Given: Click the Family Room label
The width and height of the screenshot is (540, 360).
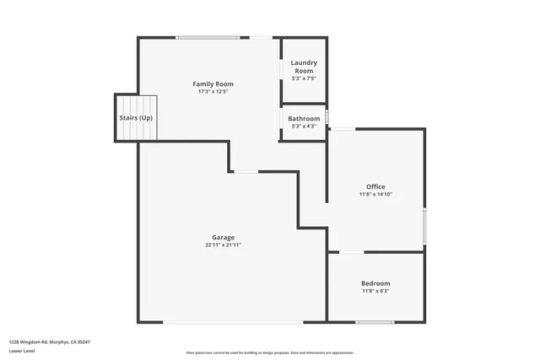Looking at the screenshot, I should tap(213, 84).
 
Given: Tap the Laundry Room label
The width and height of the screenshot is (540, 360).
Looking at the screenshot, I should tap(304, 67).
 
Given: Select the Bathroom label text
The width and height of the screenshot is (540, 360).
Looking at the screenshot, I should tap(304, 119).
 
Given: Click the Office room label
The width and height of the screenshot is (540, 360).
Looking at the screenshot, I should tap(375, 186).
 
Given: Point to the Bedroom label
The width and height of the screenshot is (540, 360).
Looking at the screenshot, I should tap(375, 283).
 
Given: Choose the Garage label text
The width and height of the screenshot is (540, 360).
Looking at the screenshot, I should tap(223, 237).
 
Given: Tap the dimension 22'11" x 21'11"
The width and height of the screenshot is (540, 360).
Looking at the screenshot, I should tap(223, 245).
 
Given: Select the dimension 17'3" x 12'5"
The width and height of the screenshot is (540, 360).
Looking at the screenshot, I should tap(213, 92).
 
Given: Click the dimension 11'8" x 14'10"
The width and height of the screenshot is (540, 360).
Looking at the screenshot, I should tap(375, 195).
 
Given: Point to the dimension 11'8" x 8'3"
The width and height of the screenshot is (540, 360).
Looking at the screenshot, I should tap(375, 292).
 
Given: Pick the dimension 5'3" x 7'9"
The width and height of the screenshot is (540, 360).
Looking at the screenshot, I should tap(304, 78).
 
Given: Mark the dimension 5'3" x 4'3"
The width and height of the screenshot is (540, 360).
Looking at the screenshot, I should tap(304, 126).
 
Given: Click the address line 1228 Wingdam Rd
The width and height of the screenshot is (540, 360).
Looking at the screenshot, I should tap(49, 341).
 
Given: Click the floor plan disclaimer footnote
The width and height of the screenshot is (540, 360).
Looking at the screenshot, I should tap(269, 353).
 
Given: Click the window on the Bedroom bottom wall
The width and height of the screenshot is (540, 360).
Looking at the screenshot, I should tap(375, 322).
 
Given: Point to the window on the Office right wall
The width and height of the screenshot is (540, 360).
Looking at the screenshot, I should tap(424, 225).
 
